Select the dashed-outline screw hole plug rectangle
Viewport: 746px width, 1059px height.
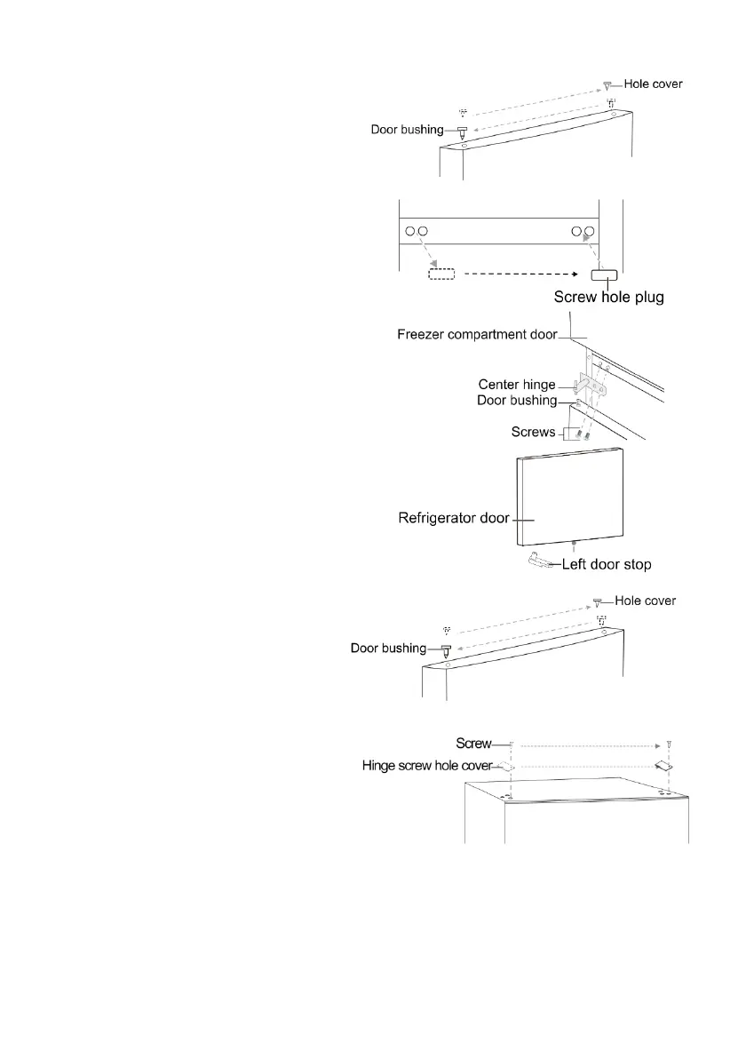441,275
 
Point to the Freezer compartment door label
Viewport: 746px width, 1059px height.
476,335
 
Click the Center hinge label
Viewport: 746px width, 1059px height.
517,385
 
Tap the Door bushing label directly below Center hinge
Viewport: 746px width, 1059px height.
517,401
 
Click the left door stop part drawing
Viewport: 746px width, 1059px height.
539,560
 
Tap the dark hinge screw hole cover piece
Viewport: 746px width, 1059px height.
663,765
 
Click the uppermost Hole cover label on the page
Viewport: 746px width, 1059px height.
653,84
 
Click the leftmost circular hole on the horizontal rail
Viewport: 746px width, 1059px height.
410,232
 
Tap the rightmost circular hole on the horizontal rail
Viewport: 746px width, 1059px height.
588,232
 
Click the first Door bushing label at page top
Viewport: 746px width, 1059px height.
407,130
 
